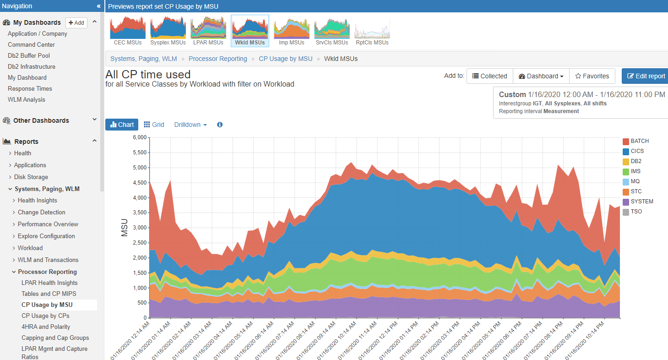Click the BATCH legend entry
pos(640,141)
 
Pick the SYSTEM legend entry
pos(641,202)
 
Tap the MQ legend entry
pos(636,181)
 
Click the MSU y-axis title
pos(125,228)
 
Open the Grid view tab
pos(154,125)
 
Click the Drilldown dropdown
pos(190,125)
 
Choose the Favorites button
pos(592,76)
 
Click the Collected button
pos(489,76)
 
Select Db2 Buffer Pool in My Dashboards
pos(29,55)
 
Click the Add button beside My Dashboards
pos(76,22)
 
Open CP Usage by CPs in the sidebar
pos(45,316)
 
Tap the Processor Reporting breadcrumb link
pos(217,59)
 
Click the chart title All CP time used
pos(148,74)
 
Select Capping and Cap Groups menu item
pos(55,338)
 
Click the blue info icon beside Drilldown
pos(220,125)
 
